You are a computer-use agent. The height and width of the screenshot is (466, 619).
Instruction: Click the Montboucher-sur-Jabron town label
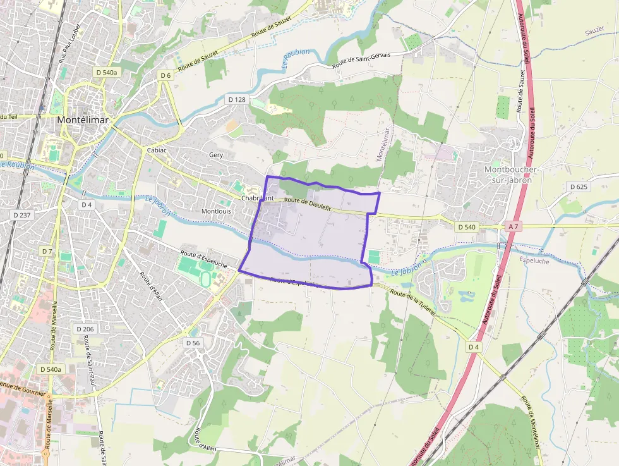point(511,175)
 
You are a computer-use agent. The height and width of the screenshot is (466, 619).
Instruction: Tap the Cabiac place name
point(156,150)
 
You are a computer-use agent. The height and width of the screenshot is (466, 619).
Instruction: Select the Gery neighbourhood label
point(216,154)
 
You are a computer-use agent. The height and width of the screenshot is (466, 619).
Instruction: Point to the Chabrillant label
point(258,198)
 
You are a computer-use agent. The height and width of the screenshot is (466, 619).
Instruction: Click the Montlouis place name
point(216,211)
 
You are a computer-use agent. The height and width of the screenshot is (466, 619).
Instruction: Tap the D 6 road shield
point(165,76)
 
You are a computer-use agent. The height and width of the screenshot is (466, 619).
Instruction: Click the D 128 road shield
point(236,100)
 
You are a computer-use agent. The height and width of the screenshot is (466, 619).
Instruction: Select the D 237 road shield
point(22,215)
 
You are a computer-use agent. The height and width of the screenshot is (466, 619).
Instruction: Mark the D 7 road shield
point(47,251)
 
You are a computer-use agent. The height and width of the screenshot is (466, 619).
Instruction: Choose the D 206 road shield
point(85,329)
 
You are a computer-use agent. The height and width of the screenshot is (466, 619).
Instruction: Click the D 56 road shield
point(193,342)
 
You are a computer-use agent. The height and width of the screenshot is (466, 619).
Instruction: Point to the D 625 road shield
point(579,187)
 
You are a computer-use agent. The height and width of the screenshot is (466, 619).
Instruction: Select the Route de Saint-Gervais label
point(361,59)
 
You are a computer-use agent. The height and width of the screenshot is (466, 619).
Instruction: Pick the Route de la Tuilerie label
point(413,302)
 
